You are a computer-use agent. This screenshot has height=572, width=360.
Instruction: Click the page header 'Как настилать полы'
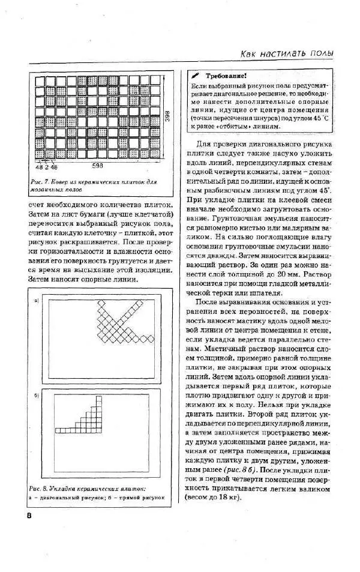pos(287,53)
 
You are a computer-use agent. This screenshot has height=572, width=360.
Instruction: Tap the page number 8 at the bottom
pos(29,517)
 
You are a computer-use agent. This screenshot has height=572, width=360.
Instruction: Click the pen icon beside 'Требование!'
pos(196,76)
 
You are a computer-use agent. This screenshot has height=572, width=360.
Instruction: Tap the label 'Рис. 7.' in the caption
pos(39,181)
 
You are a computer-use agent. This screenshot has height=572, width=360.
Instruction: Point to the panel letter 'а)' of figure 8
pos(37,300)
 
